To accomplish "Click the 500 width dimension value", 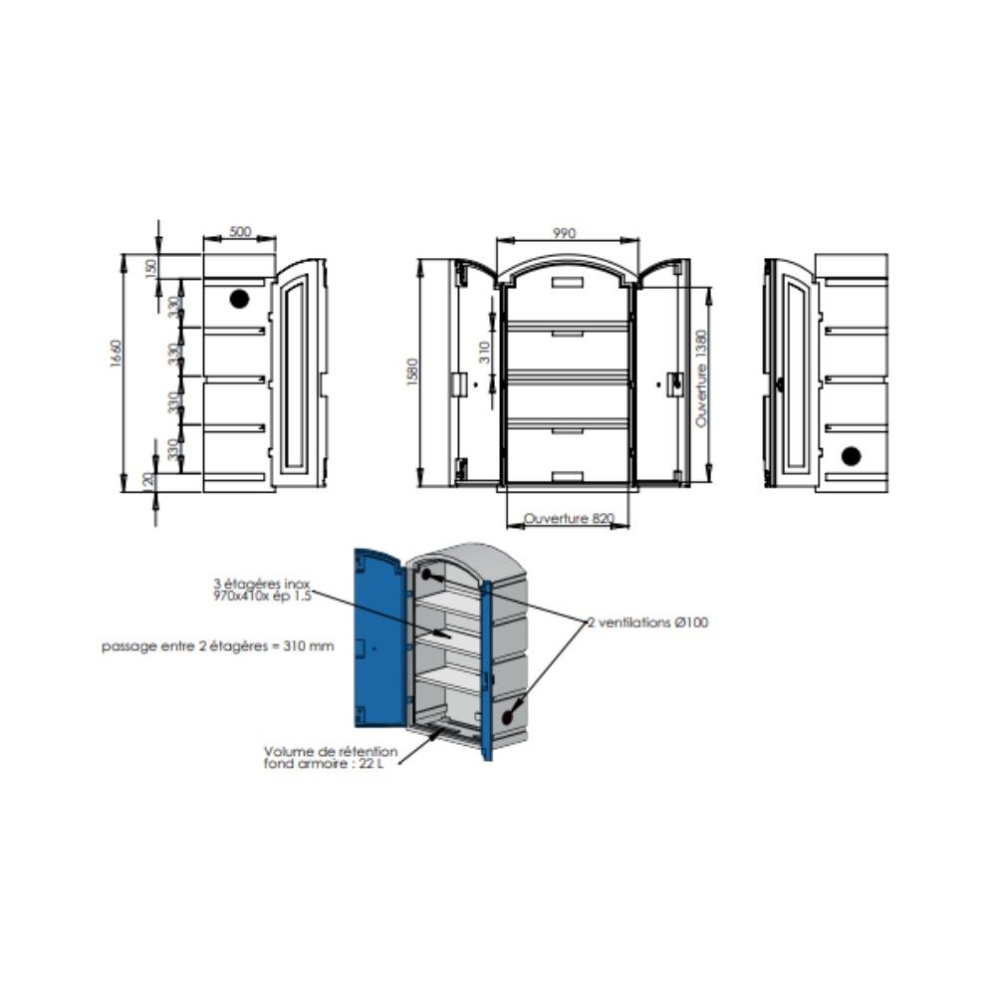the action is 240,232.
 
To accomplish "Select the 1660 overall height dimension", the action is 115,354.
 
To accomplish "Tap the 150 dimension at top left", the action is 150,267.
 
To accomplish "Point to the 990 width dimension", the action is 564,233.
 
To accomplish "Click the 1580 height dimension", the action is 412,373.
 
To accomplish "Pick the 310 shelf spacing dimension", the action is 485,352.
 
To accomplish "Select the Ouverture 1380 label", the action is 700,378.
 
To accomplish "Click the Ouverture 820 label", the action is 569,518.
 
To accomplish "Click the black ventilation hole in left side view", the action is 239,299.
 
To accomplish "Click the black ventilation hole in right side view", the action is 851,456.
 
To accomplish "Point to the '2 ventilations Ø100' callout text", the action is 647,622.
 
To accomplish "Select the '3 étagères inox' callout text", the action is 262,583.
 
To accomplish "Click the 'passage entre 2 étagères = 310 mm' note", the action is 218,646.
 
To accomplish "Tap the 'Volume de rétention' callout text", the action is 331,751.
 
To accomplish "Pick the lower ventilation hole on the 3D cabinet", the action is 508,717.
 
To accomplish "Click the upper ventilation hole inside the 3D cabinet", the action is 426,575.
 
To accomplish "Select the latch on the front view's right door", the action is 673,384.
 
